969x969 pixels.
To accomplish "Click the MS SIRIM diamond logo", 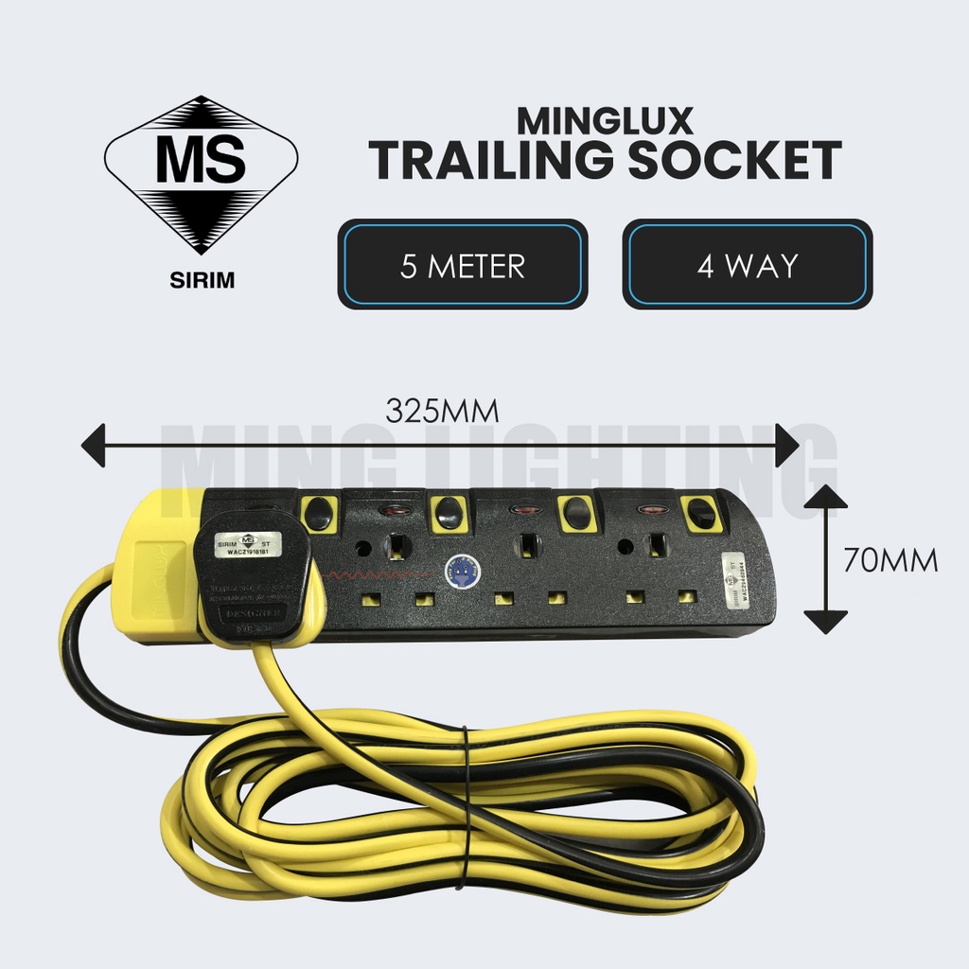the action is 201,174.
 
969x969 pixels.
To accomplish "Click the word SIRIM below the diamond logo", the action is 200,281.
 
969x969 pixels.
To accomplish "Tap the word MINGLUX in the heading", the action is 605,120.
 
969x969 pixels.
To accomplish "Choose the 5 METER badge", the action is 463,265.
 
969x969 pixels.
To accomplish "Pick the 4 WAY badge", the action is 747,265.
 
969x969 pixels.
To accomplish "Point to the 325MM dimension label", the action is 442,411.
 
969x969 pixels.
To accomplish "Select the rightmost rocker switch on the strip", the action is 701,514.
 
